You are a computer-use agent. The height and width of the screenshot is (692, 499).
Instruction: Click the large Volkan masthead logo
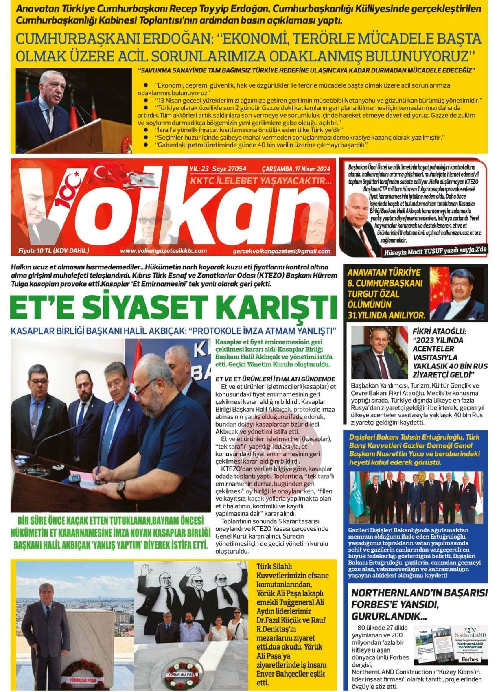coord(171,208)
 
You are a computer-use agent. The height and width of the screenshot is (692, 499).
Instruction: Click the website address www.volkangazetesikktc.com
coord(163,251)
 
